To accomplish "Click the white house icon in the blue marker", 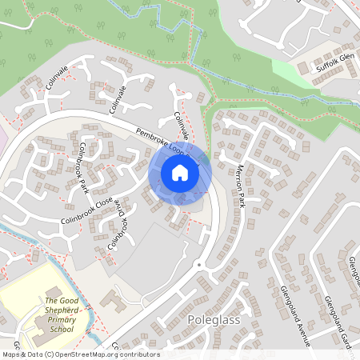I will (180, 173).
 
